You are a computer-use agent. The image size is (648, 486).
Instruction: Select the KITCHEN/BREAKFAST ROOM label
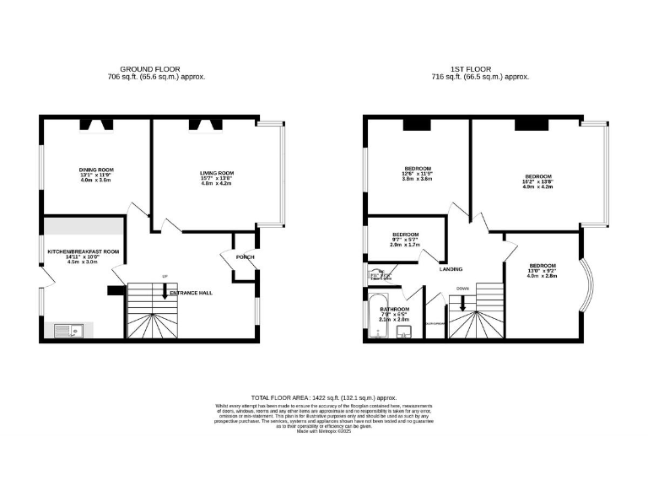84,251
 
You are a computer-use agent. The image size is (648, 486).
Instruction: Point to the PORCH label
246,257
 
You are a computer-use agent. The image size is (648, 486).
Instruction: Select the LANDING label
451,269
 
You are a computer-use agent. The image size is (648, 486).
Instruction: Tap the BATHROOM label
394,310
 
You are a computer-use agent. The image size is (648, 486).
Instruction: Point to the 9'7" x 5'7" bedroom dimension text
405,240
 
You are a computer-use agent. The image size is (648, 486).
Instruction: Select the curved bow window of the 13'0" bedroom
588,283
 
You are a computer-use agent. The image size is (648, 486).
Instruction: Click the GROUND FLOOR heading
157,68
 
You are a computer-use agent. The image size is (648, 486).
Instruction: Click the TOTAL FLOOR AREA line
324,397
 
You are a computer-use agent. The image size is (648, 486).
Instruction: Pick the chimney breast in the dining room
96,125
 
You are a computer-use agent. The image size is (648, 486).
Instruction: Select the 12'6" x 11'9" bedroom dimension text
417,174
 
